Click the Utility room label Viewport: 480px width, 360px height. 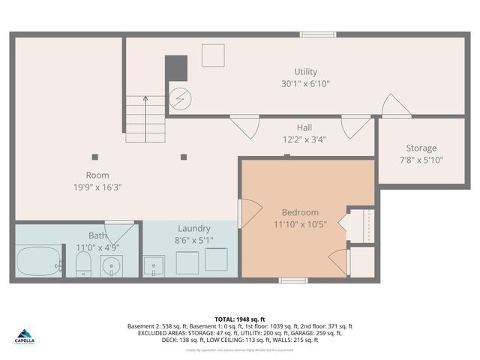coord(304,71)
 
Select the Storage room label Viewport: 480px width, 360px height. coord(421,148)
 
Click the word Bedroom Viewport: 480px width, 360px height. coord(300,212)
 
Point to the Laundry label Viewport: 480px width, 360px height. coord(193,228)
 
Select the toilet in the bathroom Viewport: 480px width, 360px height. coord(83,263)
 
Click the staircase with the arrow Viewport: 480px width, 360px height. coord(145,119)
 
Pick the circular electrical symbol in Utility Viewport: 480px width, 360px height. coord(180,98)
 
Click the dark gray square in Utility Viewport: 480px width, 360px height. coord(176,68)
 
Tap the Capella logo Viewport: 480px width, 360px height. coord(27,335)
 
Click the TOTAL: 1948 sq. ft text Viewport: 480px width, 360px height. coord(240,318)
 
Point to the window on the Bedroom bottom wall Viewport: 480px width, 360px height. coord(292,280)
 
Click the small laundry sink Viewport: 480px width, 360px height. coord(154,265)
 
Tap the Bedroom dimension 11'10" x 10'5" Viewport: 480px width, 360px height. coord(300,224)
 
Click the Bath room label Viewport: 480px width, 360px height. coord(97,235)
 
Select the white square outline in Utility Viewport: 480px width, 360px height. coord(213,55)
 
